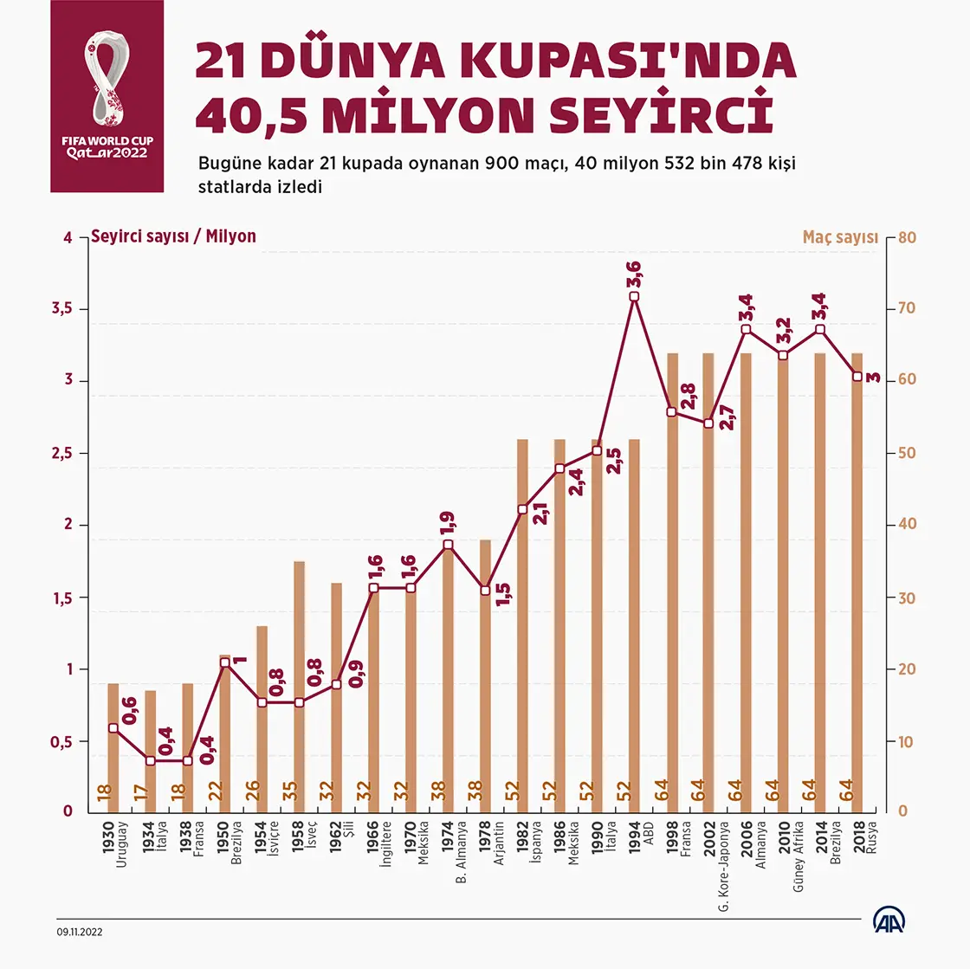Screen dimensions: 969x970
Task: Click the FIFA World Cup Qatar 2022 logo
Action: pos(107,96)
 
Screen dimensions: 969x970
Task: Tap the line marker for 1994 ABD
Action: pos(634,296)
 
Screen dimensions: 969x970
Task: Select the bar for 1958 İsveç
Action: pos(299,684)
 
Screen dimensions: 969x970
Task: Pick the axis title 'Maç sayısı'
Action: pos(839,237)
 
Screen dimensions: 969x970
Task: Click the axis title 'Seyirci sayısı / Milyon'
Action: pos(174,236)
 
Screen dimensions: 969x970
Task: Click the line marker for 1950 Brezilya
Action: pos(225,663)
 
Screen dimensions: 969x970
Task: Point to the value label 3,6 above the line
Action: pos(635,275)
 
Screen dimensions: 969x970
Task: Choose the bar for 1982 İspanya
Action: pos(522,623)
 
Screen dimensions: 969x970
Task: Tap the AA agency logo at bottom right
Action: pos(889,921)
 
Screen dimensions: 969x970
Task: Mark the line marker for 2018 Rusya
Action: pos(857,377)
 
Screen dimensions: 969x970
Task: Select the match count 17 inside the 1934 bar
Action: pos(151,791)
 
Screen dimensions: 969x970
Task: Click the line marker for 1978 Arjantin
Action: pos(485,591)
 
